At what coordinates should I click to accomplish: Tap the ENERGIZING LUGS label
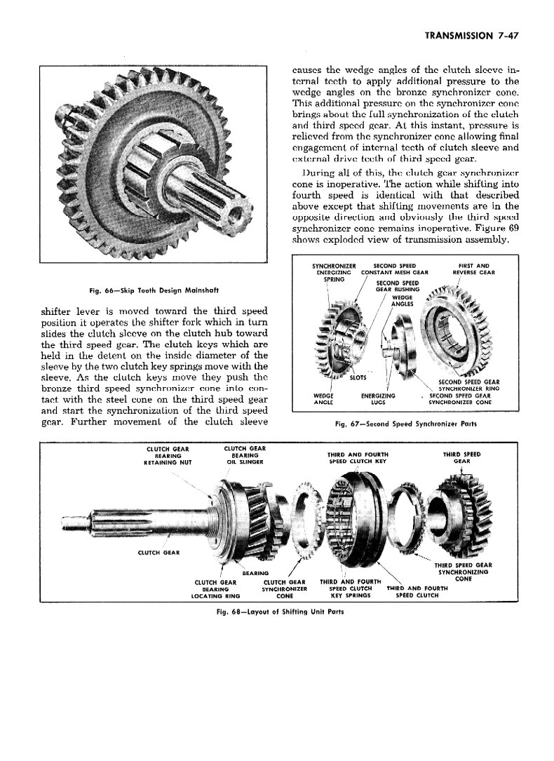pyautogui.click(x=377, y=399)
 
